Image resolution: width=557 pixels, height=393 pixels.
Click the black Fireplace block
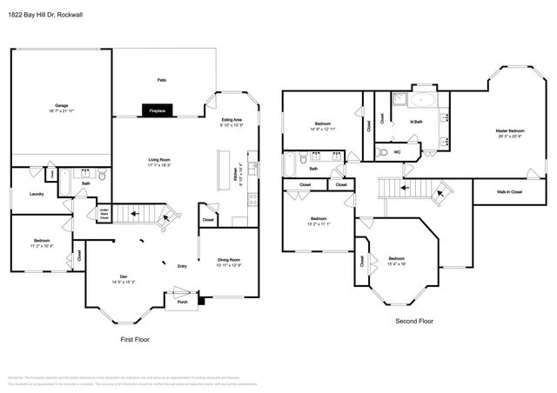[x=158, y=111]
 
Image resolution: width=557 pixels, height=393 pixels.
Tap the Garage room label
[x=62, y=106]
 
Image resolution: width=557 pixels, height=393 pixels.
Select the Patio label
[x=161, y=80]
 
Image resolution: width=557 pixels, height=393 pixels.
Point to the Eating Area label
[x=231, y=119]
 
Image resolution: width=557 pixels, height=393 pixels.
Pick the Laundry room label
[x=37, y=194]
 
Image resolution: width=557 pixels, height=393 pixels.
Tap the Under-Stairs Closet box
[x=104, y=212]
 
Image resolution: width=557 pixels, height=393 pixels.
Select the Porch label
[x=182, y=303]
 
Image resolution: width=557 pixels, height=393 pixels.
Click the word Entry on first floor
[x=182, y=266]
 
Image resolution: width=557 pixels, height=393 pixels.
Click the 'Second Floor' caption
[x=414, y=321]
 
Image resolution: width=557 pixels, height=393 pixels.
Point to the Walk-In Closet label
[x=509, y=191]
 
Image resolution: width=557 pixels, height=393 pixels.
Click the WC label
[x=397, y=151]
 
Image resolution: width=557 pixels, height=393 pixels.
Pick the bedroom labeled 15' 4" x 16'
[x=396, y=260]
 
